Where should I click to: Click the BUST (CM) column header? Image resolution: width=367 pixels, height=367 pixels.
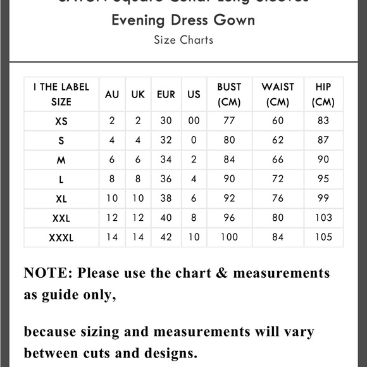pos(229,94)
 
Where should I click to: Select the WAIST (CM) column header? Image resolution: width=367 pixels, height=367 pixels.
pos(278,94)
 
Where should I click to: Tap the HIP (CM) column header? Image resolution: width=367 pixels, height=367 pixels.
pos(323,94)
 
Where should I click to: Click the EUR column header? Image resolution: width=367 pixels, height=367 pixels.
pos(166,94)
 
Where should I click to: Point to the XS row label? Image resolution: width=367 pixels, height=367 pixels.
pos(61,121)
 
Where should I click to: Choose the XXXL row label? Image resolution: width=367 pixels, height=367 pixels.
pos(61,238)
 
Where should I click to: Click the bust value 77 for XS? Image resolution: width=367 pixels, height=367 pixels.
pos(229,121)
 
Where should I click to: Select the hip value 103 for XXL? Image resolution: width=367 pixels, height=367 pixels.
pos(323,218)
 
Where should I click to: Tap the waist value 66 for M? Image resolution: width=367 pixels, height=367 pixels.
pos(278,160)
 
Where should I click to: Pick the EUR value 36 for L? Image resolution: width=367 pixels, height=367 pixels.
pos(166,179)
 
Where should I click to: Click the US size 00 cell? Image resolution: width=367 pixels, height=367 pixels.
pos(194,121)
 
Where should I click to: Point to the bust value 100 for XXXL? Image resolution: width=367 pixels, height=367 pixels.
pos(229,237)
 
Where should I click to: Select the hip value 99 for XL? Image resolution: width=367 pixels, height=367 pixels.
pos(323,199)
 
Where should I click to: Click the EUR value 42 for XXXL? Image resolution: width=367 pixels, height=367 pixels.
pos(166,237)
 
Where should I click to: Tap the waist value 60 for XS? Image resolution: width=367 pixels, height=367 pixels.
pos(278,121)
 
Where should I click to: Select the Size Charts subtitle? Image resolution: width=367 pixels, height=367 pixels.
pos(183,40)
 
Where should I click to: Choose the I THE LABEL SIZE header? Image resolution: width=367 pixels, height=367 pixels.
pos(61,94)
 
